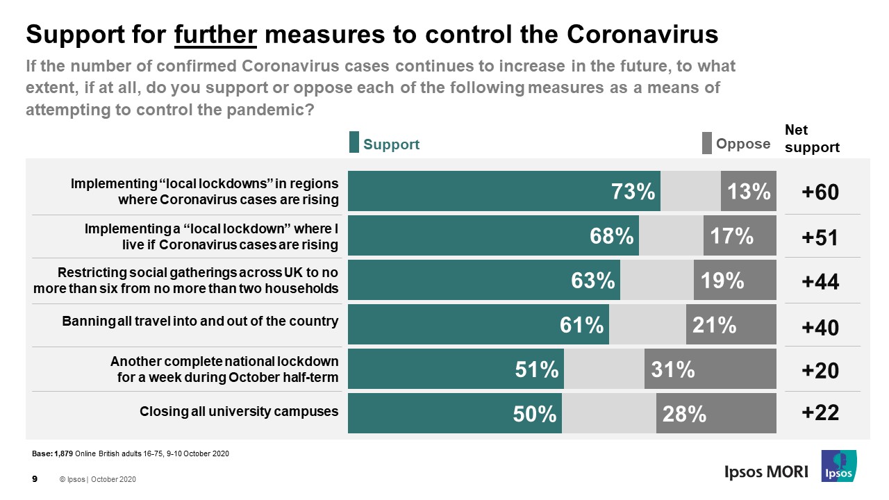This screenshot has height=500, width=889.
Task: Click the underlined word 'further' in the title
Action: (x=216, y=34)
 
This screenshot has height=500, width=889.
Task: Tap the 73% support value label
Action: (x=633, y=192)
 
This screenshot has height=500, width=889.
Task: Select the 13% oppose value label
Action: (x=749, y=192)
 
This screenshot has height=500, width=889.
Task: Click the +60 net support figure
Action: (x=820, y=193)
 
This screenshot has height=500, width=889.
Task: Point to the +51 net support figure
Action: (x=820, y=237)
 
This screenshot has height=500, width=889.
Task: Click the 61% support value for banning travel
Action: (x=581, y=325)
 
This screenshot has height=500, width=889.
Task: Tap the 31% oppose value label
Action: (x=672, y=369)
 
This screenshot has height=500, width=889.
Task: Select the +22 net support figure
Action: (x=820, y=412)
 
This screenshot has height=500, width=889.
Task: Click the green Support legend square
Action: (x=354, y=143)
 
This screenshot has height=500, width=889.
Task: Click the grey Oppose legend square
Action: (x=707, y=143)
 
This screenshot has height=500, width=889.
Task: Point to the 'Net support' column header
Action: (x=811, y=139)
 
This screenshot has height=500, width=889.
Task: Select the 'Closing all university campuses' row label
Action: (x=240, y=411)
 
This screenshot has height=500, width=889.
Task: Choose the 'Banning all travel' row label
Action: (x=200, y=322)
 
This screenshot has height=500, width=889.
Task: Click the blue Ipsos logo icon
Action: (x=838, y=465)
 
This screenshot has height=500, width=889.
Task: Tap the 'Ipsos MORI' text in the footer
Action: (x=762, y=472)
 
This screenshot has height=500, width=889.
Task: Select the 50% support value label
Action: (x=535, y=414)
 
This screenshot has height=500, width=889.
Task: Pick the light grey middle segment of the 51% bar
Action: (x=604, y=369)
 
